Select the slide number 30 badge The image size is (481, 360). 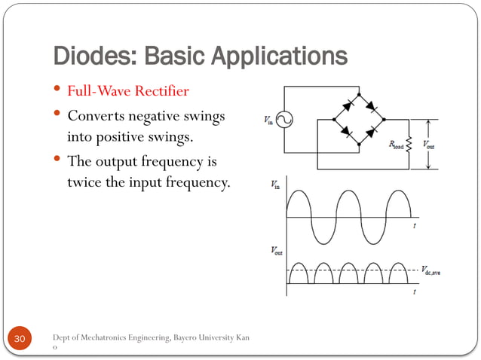[x=20, y=341]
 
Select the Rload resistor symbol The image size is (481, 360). [x=408, y=143]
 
